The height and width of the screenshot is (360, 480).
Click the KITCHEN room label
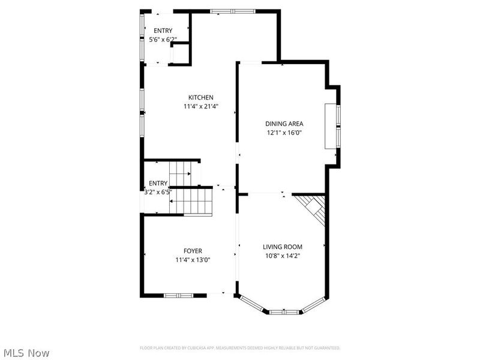(x=200, y=98)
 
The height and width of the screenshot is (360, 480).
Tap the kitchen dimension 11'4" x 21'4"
(x=200, y=107)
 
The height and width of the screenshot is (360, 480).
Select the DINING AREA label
(x=284, y=124)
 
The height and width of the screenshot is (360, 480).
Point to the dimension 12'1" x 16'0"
(x=284, y=133)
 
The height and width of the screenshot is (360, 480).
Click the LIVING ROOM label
(x=282, y=247)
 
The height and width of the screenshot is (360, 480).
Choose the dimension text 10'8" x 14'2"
(x=282, y=256)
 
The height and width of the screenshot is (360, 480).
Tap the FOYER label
(x=193, y=251)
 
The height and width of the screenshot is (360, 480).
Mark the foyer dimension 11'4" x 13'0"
(x=193, y=260)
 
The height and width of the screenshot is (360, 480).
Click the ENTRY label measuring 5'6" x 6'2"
(x=163, y=31)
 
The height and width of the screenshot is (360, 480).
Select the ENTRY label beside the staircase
(x=158, y=184)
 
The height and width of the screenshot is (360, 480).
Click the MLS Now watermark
(x=26, y=353)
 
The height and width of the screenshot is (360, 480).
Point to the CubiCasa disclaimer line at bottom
(x=240, y=348)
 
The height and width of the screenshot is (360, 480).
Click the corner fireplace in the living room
(x=313, y=209)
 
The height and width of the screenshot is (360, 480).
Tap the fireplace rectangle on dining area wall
(x=330, y=126)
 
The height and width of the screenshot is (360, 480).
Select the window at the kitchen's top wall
(x=232, y=11)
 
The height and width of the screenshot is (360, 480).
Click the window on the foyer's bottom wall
(x=178, y=295)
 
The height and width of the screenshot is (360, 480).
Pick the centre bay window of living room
(x=283, y=312)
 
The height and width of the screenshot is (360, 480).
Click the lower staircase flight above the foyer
(x=191, y=200)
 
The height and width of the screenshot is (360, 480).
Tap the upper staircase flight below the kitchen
(x=179, y=175)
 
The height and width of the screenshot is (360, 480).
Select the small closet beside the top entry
(x=180, y=52)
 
